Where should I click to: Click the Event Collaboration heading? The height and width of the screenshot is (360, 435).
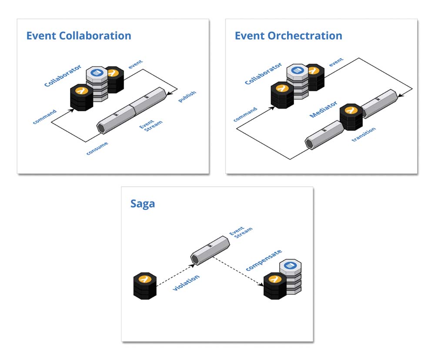[x=79, y=36]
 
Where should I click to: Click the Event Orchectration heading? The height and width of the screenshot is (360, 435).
[x=288, y=36]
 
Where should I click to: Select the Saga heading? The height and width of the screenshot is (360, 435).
[x=143, y=203]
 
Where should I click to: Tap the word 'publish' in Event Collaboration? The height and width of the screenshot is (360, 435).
[x=187, y=97]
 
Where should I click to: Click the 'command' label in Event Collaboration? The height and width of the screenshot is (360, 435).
[x=44, y=117]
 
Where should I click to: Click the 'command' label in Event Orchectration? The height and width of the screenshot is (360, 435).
[x=245, y=114]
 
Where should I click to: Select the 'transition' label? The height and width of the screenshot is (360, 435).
[x=363, y=135]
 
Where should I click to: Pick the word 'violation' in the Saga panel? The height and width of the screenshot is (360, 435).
[x=186, y=283]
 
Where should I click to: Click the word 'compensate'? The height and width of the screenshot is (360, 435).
[x=264, y=260]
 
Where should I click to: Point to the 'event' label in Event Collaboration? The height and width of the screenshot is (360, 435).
[x=135, y=64]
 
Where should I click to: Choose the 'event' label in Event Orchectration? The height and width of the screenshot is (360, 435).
[x=336, y=63]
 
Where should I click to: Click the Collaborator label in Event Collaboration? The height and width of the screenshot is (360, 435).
[x=63, y=76]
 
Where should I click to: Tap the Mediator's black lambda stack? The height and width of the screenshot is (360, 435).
[x=351, y=117]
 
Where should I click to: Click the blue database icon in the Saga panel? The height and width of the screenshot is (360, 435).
[x=290, y=265]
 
